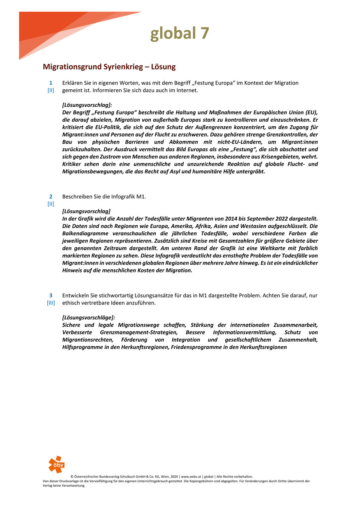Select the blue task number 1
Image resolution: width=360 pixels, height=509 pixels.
(x=51, y=83)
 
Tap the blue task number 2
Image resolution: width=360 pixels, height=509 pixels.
(x=51, y=196)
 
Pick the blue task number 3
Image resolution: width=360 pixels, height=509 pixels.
(x=51, y=295)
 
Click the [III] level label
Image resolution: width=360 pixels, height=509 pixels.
(x=51, y=303)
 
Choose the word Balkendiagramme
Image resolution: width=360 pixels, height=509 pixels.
(x=86, y=234)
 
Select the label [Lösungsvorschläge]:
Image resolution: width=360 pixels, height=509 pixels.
(x=89, y=317)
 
